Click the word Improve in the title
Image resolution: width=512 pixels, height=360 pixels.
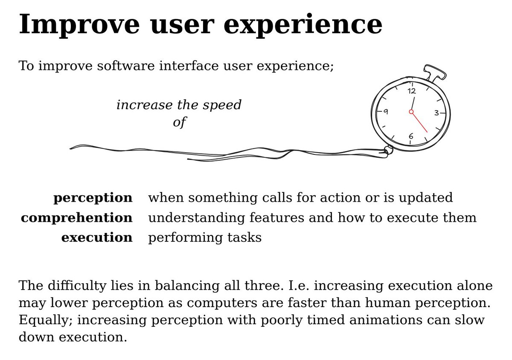(x=79, y=25)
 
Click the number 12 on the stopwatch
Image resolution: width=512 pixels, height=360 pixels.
(x=412, y=91)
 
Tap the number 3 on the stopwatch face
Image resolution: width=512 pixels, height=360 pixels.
(x=436, y=113)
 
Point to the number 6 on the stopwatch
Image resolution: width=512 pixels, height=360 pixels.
(x=411, y=136)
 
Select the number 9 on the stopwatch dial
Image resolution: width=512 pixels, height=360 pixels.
(x=386, y=112)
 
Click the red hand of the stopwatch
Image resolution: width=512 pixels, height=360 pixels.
(x=419, y=122)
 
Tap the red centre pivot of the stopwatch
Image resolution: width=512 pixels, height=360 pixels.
(x=411, y=112)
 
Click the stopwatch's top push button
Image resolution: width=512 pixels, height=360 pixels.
(x=435, y=72)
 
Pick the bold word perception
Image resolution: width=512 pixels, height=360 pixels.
(x=93, y=198)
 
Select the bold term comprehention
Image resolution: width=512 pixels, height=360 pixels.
(x=77, y=218)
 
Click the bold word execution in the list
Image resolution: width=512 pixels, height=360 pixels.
(x=97, y=237)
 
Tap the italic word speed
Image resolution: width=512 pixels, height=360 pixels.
(x=222, y=105)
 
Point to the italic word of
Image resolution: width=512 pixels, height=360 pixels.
(x=180, y=122)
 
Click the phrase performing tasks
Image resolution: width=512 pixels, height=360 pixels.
(x=205, y=238)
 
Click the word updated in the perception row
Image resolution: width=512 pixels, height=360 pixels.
(x=426, y=198)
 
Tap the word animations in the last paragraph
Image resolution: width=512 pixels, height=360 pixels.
(x=386, y=319)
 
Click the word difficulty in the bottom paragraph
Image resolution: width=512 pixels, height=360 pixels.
(x=77, y=286)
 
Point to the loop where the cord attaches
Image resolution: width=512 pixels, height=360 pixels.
(x=388, y=151)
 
